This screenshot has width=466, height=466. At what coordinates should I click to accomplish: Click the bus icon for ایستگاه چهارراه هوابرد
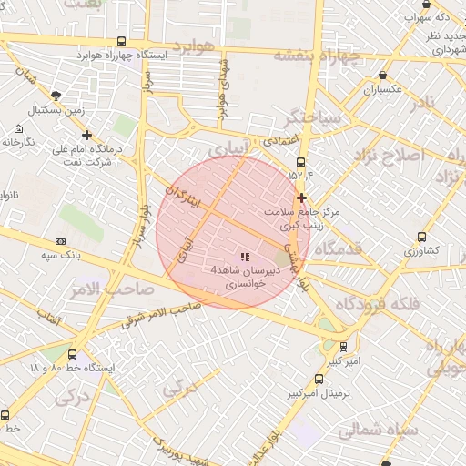(122, 42)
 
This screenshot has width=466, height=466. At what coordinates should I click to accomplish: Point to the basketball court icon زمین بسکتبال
(56, 96)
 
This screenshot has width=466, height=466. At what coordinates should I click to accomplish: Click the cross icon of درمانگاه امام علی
(86, 135)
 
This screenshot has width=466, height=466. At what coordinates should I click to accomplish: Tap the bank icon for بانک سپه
(61, 241)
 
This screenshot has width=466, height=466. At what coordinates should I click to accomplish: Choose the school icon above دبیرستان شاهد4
(244, 257)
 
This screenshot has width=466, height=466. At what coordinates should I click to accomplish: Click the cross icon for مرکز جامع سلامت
(301, 198)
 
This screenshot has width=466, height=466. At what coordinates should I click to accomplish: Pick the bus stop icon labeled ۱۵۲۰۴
(300, 162)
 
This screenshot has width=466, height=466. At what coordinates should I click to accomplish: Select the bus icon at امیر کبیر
(343, 347)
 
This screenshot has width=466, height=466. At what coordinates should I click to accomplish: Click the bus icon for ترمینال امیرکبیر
(318, 379)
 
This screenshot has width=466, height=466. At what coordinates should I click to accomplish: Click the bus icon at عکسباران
(381, 76)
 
